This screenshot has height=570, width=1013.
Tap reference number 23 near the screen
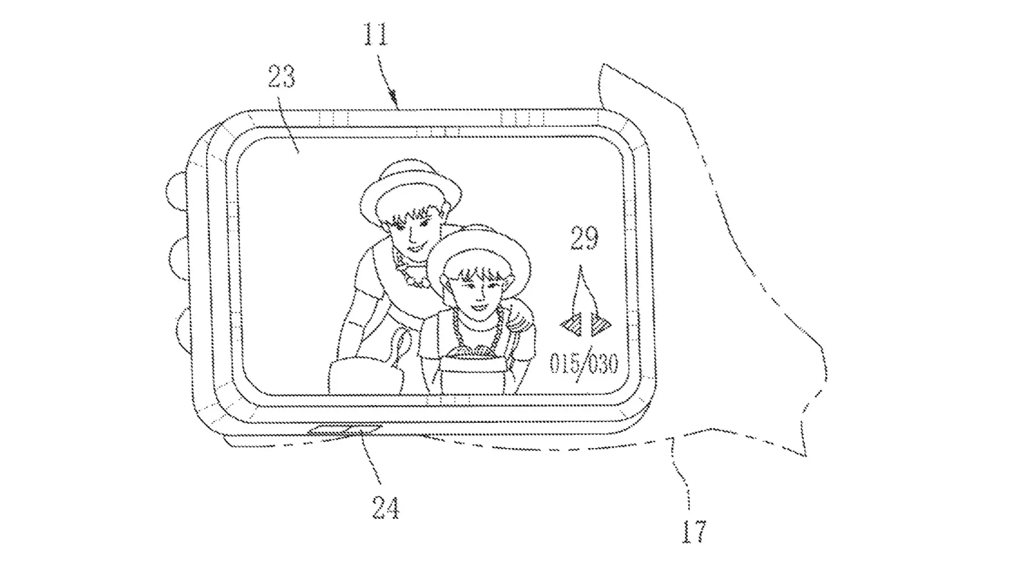tap(281, 77)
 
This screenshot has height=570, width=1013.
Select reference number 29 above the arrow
tap(584, 238)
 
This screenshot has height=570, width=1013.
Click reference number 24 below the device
tap(386, 508)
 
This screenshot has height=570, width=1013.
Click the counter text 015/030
tap(584, 364)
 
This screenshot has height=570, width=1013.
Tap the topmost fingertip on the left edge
tap(176, 191)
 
